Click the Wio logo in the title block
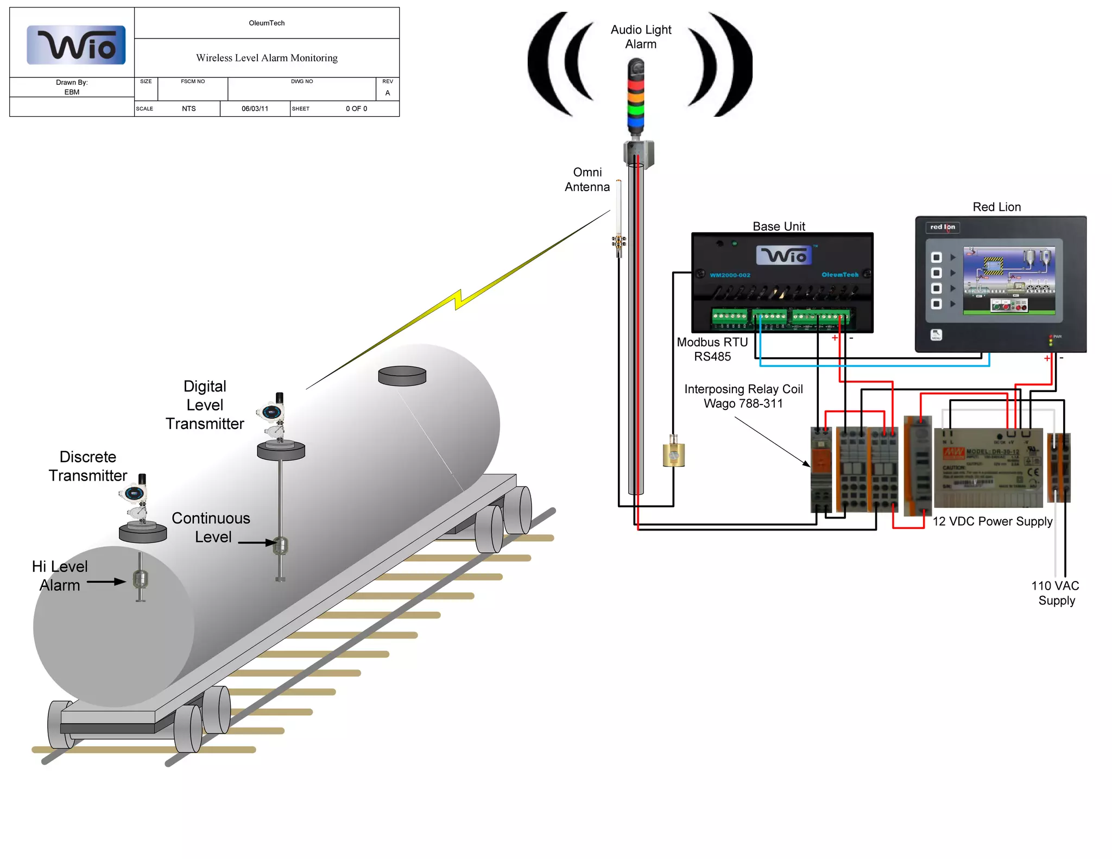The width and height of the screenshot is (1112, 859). coord(76,45)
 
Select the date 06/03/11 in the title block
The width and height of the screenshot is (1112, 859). coord(255,109)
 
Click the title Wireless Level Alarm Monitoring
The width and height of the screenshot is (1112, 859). coord(267,58)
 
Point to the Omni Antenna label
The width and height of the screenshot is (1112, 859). coord(587,180)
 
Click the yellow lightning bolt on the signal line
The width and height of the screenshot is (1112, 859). coord(459,300)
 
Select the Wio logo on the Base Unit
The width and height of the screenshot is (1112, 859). coord(784,255)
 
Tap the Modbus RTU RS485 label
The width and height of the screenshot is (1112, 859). coord(712,349)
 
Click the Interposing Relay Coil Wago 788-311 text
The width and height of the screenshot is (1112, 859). coord(743,396)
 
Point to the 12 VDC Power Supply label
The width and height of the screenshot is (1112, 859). coord(993,521)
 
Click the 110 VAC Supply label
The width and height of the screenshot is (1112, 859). coord(1056,593)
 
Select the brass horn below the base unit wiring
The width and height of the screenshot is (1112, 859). coord(674,452)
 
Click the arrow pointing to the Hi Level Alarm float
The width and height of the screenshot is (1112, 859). coord(106,582)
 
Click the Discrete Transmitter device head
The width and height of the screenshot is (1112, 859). coord(134,494)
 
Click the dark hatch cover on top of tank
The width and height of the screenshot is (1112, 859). coord(402,376)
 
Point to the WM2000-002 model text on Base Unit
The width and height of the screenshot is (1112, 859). coord(730,275)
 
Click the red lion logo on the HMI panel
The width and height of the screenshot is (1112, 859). coord(943,227)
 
